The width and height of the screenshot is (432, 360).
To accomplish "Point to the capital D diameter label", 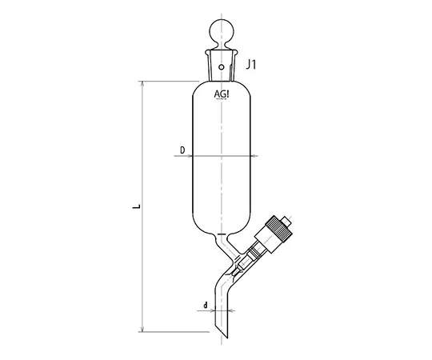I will (182, 150).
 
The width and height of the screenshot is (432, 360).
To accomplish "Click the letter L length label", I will (138, 206).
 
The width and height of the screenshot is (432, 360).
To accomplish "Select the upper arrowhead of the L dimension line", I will (142, 83).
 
